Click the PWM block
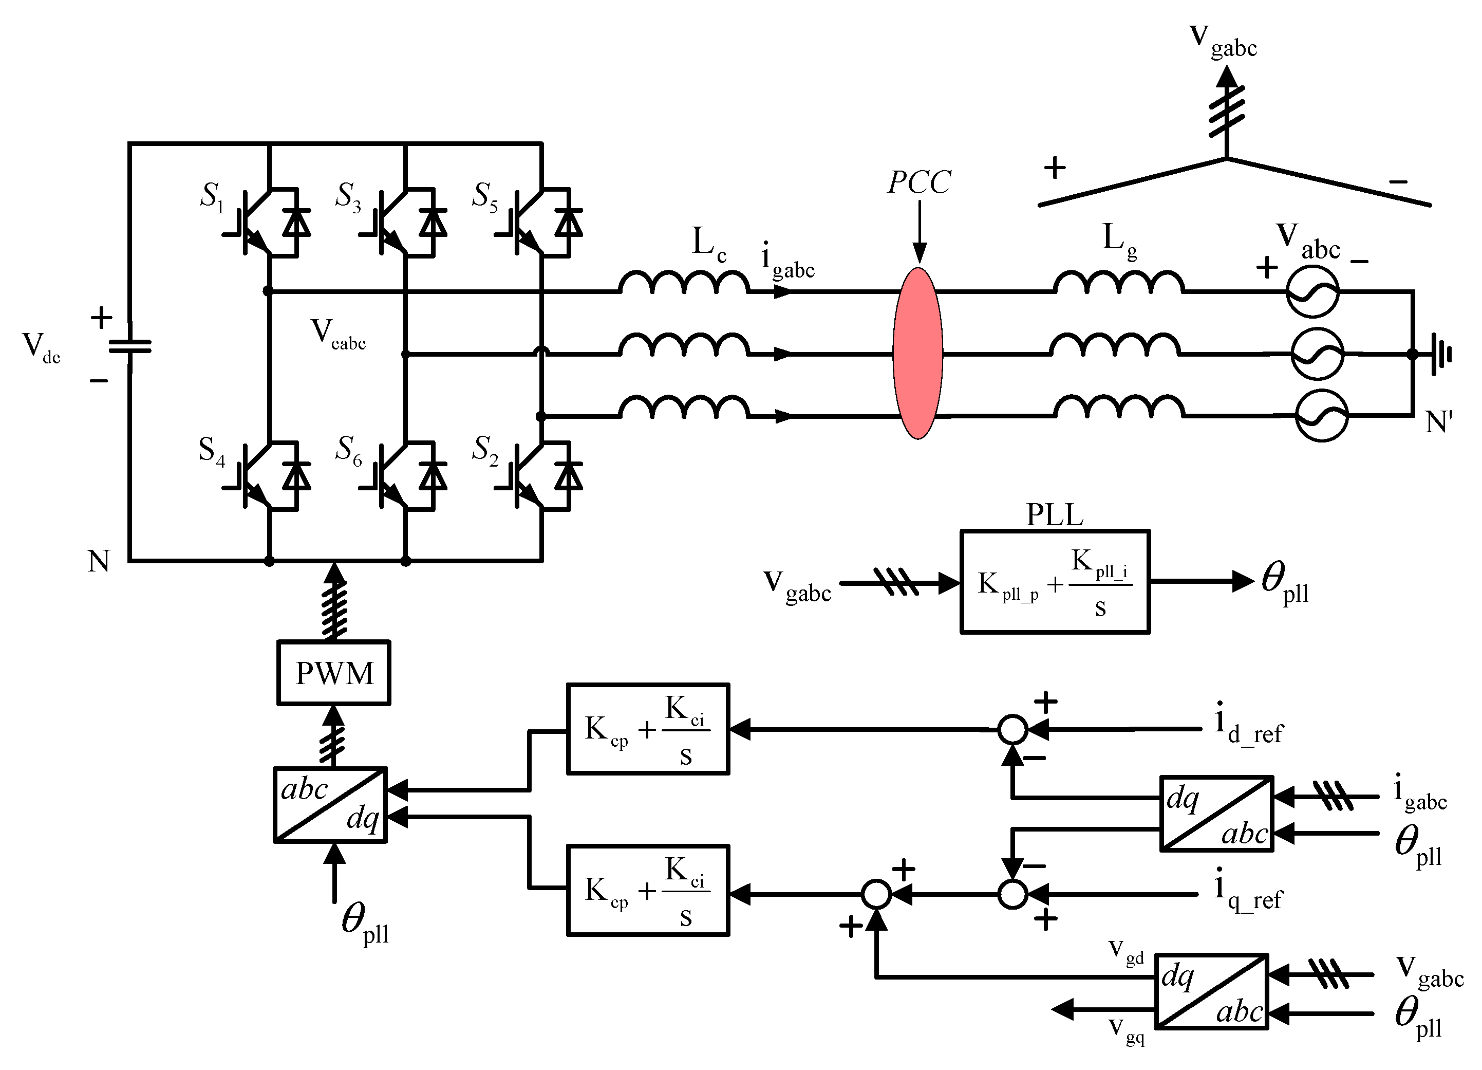(x=333, y=673)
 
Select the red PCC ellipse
(x=917, y=353)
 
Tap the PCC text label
(x=918, y=182)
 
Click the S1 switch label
(x=212, y=196)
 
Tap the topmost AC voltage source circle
(x=1312, y=291)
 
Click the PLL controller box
(x=1054, y=582)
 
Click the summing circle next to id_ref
(x=1013, y=729)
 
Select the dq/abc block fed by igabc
(x=1216, y=814)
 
